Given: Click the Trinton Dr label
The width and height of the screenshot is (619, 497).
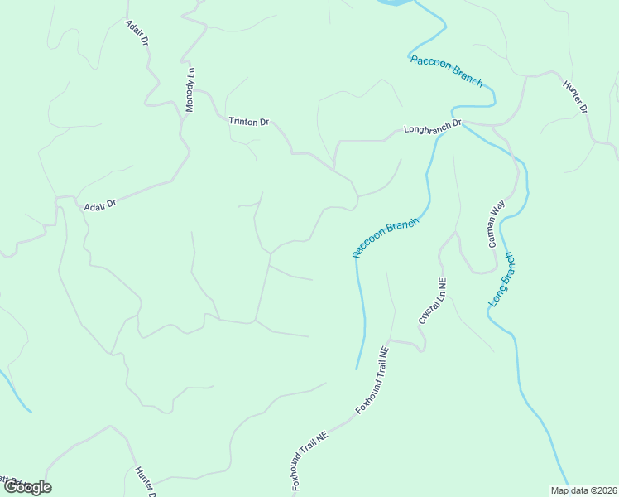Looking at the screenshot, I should pos(249,122).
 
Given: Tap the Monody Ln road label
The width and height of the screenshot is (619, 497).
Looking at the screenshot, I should pos(190,89).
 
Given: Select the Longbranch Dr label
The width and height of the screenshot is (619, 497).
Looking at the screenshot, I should pos(432,129).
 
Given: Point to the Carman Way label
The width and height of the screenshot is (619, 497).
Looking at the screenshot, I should pos(496,223).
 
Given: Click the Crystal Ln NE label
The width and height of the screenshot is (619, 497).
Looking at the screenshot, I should pos(432,300).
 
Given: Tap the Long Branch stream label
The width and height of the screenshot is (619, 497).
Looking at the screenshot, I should pos(501,280).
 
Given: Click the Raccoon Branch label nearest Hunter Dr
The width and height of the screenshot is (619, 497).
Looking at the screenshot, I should pos(446,70).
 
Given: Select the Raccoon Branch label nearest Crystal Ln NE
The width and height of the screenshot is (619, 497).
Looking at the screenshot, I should pos(386,238).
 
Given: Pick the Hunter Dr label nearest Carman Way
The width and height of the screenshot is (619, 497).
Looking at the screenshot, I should pos(574,97).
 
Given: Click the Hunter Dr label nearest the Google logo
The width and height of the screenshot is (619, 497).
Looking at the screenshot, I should pos(145,482).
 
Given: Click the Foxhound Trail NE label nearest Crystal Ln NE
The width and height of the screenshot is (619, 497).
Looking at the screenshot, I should pos(372,380).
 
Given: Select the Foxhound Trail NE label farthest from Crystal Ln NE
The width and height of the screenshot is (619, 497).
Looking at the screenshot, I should pos(311,461).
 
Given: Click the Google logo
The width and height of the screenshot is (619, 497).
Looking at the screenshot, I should pos(27,486).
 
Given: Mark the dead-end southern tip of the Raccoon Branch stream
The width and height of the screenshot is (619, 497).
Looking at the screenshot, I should pos(357,369).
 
